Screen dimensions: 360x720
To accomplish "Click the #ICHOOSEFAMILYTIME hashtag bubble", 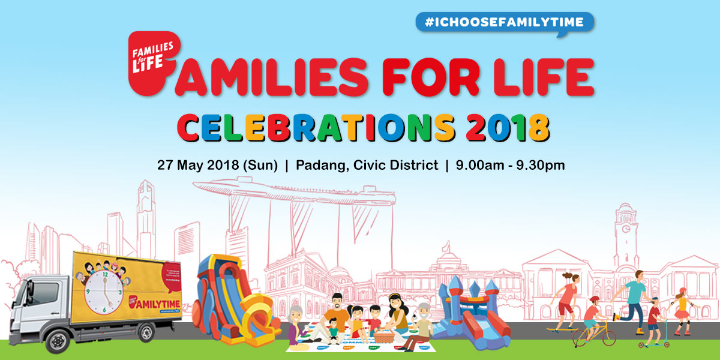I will pyautogui.click(x=503, y=22).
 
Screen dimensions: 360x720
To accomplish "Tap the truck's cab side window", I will pyautogui.click(x=43, y=294).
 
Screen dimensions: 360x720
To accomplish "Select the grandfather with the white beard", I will pyautogui.click(x=424, y=324).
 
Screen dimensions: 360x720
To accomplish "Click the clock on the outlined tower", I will pyautogui.click(x=626, y=229).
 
